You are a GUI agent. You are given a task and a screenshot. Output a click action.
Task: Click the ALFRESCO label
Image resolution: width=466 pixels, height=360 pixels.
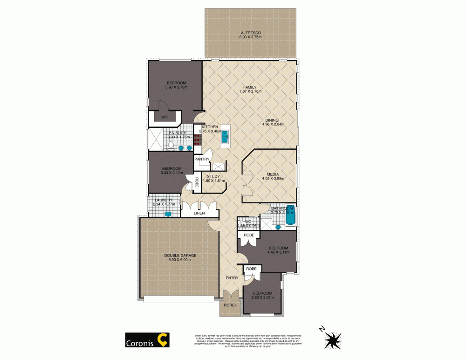[x=250, y=33]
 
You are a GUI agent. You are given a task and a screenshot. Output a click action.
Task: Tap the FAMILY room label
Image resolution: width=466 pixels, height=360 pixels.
[x=250, y=87]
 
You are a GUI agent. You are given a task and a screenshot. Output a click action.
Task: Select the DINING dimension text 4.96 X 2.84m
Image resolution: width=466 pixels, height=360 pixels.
[x=273, y=124]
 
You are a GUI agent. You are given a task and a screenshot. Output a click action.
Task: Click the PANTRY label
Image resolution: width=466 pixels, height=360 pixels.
[x=202, y=159]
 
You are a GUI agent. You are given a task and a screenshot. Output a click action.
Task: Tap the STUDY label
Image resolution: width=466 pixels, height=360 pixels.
[x=213, y=176]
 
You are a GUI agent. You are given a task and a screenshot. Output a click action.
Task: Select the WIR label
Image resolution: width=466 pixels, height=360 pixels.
[x=165, y=117]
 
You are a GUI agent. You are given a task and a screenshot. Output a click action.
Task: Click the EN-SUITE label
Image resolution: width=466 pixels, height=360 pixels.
[x=177, y=133]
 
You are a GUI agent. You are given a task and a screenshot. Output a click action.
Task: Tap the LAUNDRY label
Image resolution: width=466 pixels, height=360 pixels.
[x=163, y=200]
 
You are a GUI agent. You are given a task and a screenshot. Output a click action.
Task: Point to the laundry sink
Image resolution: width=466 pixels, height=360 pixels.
[x=169, y=214]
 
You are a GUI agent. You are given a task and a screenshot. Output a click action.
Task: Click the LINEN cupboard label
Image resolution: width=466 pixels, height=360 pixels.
[x=199, y=213]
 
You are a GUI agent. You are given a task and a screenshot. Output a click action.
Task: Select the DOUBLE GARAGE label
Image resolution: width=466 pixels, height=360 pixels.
[x=179, y=255]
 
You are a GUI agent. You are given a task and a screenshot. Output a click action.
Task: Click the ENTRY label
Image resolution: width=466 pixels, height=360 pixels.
[x=232, y=278]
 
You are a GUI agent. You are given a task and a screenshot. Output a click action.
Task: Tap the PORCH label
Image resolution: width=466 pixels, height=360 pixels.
[x=231, y=305]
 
